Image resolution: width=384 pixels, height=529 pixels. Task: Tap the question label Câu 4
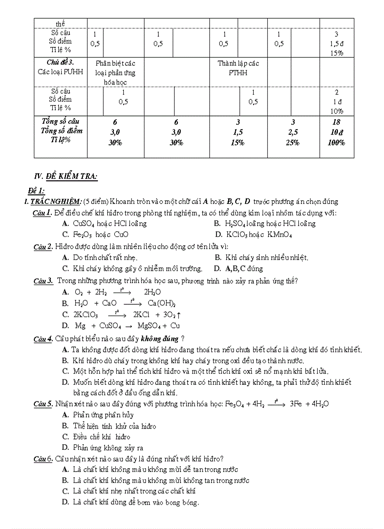[43, 339]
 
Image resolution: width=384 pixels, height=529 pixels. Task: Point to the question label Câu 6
[43, 459]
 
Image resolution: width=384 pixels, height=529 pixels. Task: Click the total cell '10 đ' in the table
[336, 132]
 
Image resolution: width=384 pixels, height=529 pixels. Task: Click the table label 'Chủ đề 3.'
[61, 62]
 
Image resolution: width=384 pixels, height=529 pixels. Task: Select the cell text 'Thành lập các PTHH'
[238, 68]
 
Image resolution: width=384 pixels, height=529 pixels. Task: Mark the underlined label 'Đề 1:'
[36, 190]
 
